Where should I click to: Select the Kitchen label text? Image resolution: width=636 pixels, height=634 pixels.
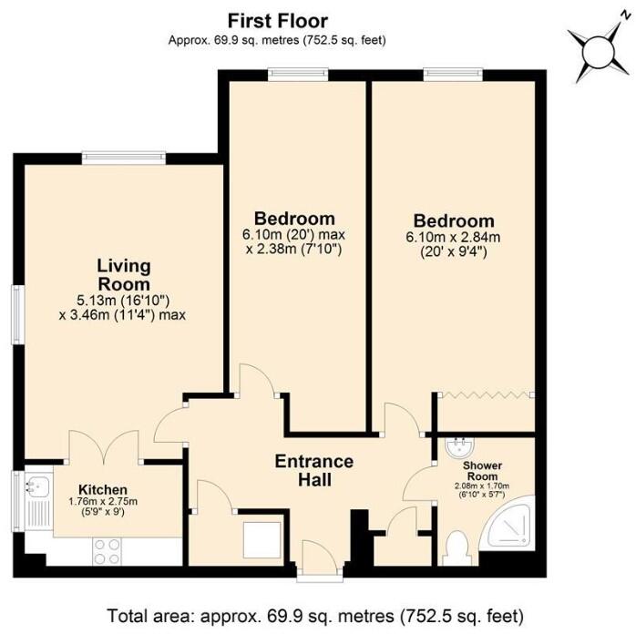pyautogui.click(x=103, y=489)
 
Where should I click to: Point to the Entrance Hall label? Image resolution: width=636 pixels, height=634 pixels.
pyautogui.click(x=313, y=470)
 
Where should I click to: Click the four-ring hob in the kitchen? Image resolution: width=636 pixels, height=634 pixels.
pyautogui.click(x=108, y=548)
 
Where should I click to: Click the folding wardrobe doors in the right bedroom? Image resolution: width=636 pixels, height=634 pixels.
pyautogui.click(x=485, y=395)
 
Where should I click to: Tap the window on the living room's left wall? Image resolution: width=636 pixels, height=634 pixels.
pyautogui.click(x=16, y=315)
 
